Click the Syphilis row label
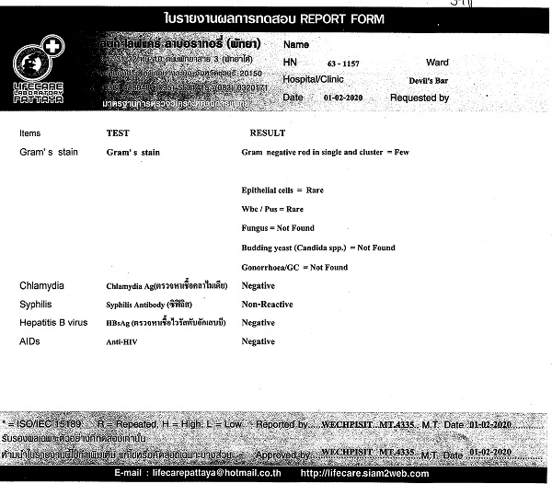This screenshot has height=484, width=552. pos(39,304)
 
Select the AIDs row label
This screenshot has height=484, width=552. pos(31,340)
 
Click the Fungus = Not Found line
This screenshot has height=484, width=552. pos(278,228)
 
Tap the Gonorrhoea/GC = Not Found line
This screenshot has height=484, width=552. pos(294,267)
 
